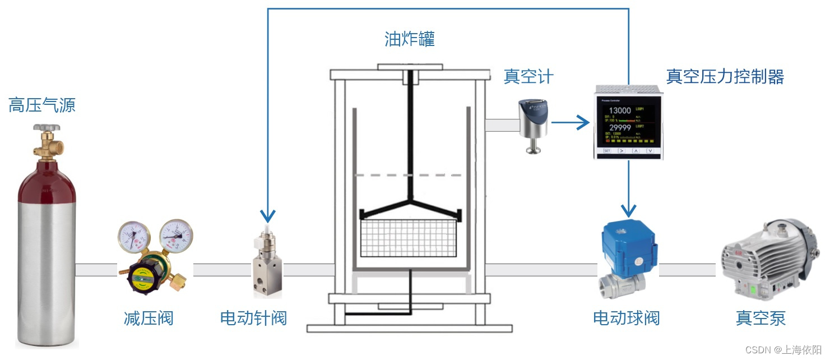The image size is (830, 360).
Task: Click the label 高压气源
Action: tap(42, 105)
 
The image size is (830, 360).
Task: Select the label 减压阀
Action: tap(149, 319)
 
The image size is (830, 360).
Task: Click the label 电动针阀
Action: tap(253, 319)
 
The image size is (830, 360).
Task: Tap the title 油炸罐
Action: tap(410, 39)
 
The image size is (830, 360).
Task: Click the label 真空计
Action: tap(528, 76)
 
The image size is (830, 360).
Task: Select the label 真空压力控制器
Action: tap(725, 76)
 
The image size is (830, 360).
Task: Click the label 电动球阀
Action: tap(626, 319)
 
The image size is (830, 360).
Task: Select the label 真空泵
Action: tap(761, 319)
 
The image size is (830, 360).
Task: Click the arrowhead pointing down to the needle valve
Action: tap(268, 215)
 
